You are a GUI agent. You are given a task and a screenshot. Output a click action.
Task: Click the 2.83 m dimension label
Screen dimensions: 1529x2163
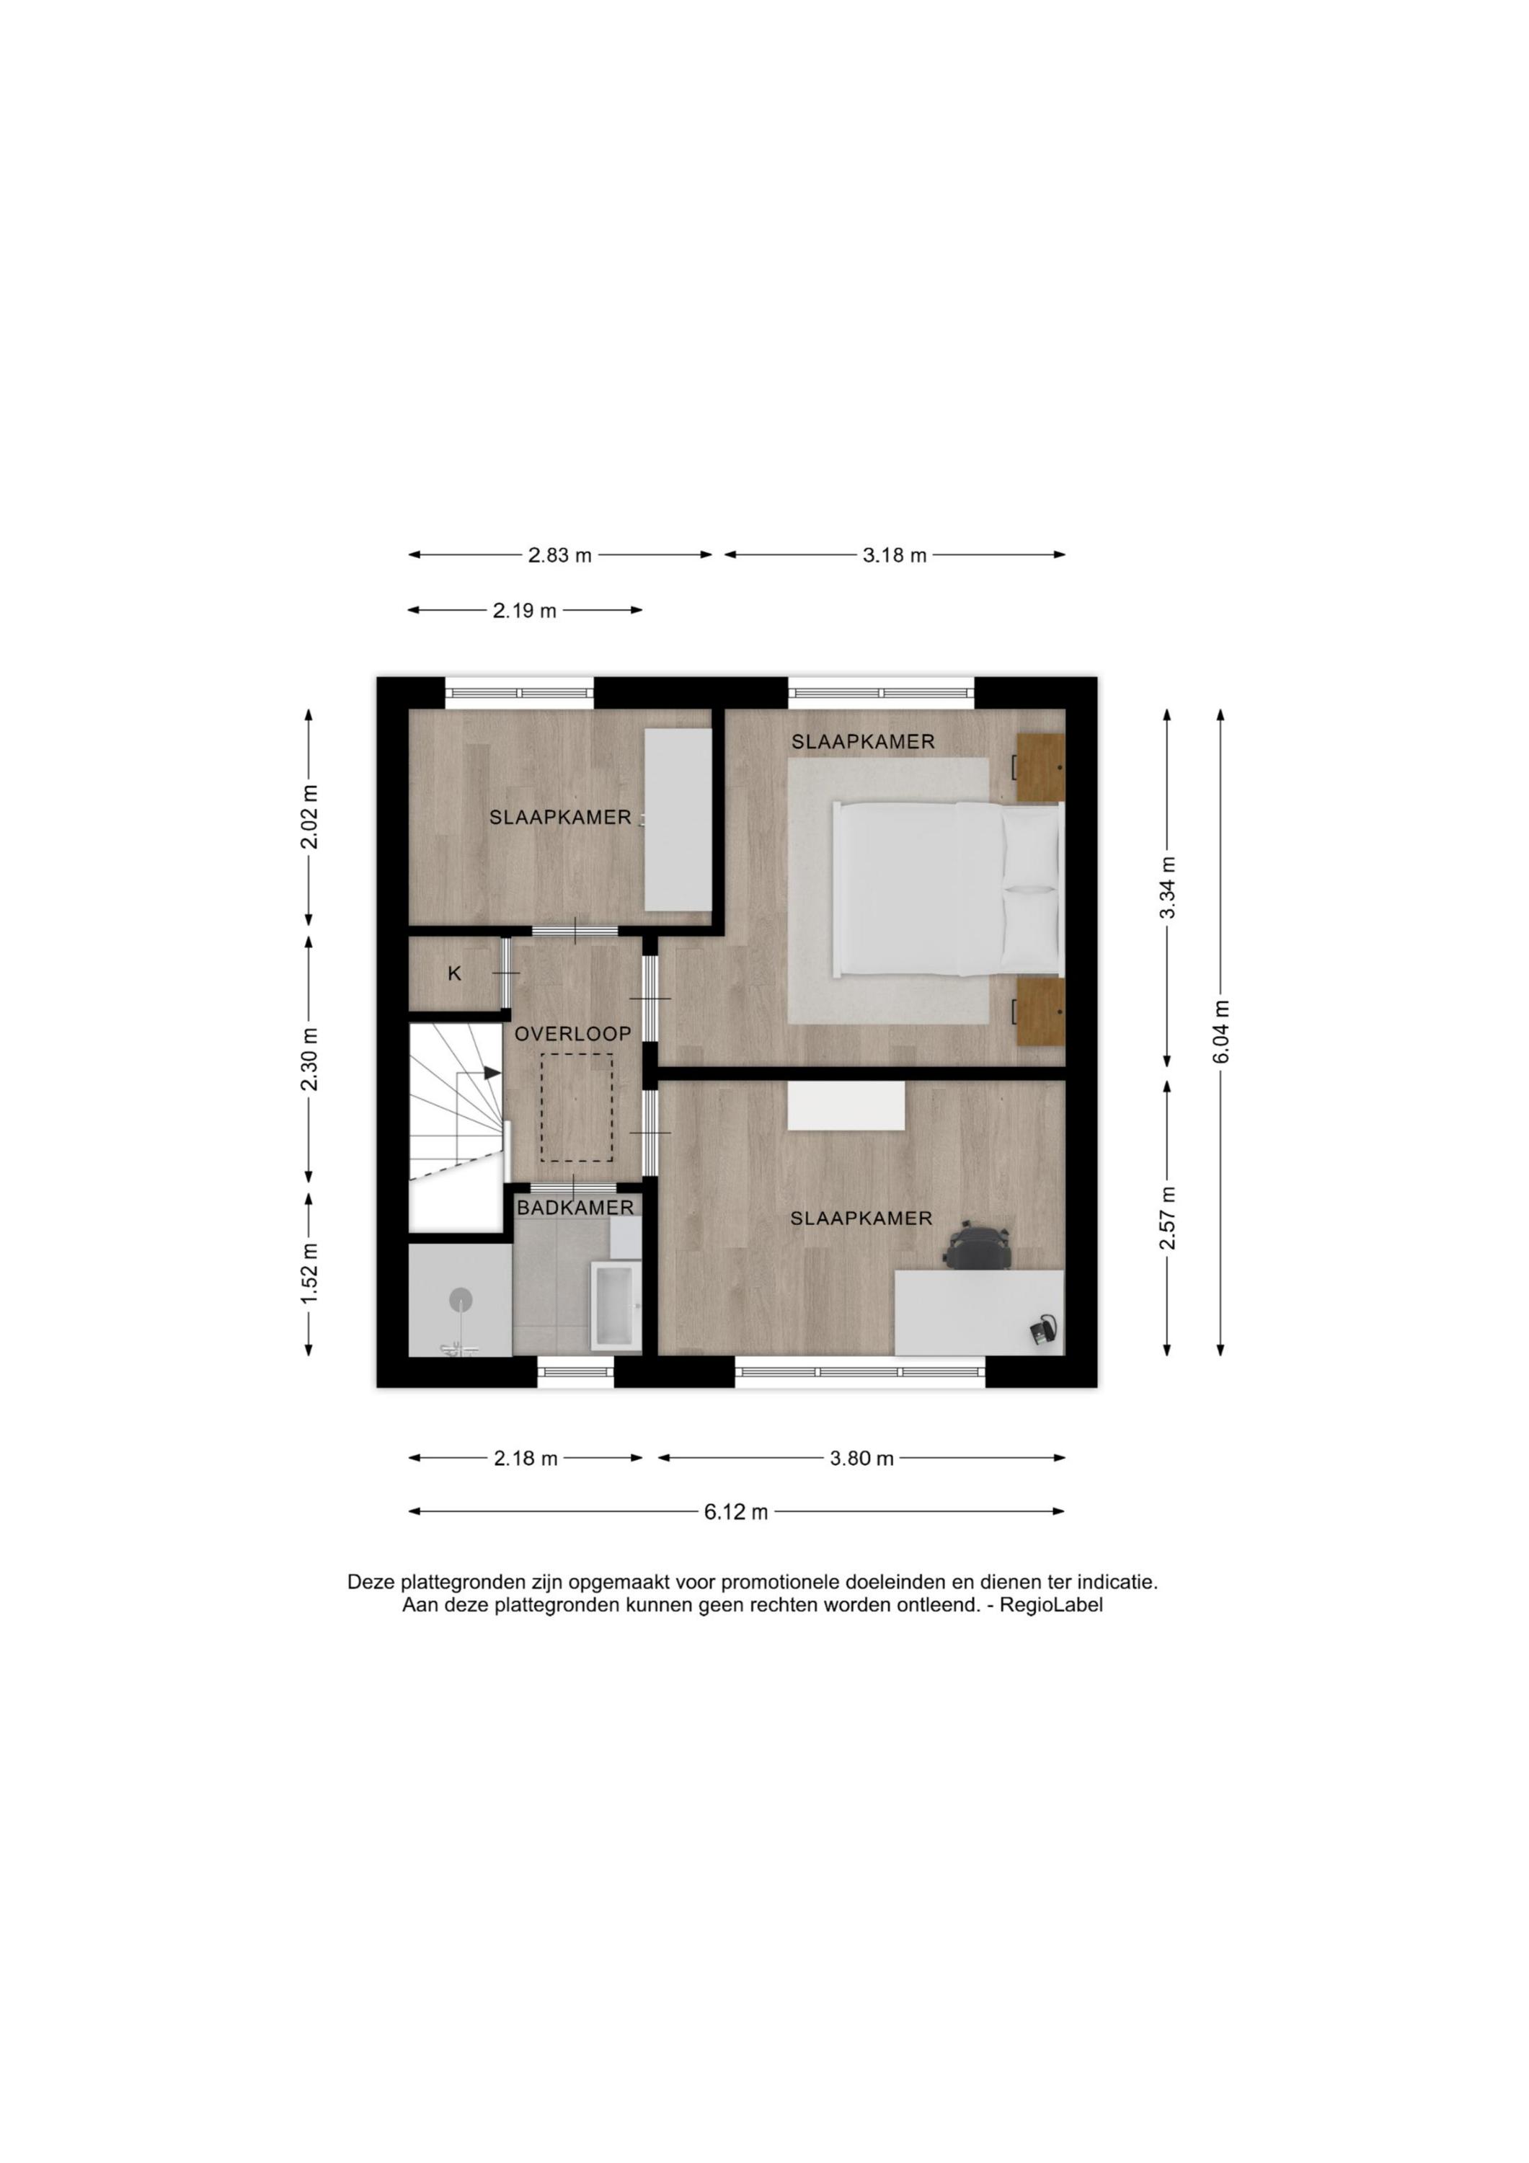click(x=559, y=555)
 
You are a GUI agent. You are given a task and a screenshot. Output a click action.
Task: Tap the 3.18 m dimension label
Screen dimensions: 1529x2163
click(x=895, y=555)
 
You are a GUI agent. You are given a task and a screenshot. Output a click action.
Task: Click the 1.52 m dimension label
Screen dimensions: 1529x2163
click(x=310, y=1272)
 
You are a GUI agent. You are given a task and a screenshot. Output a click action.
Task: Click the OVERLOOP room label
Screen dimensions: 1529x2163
click(x=573, y=1032)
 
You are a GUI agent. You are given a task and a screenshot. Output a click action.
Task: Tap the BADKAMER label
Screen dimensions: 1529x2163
click(x=575, y=1207)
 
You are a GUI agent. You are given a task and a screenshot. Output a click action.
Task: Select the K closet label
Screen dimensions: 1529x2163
click(x=454, y=974)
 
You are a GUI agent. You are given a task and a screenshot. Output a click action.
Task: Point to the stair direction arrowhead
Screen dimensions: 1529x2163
click(x=492, y=1072)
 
